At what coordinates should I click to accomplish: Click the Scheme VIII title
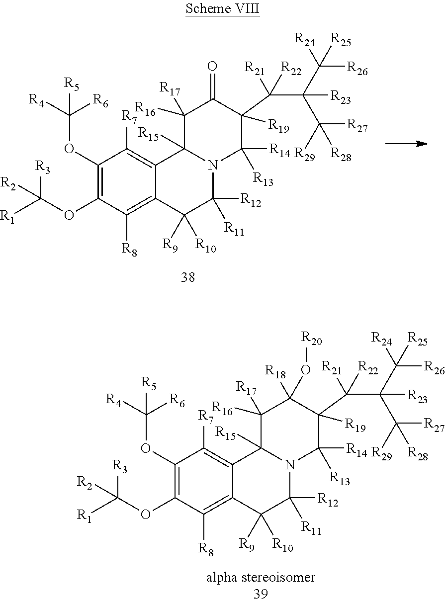(x=222, y=9)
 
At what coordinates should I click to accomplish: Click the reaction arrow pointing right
(x=406, y=144)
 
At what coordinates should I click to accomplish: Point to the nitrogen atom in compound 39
(x=290, y=465)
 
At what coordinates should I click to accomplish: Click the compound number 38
(x=187, y=277)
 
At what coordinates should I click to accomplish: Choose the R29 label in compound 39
(x=382, y=453)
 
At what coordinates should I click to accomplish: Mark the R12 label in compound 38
(x=251, y=200)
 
